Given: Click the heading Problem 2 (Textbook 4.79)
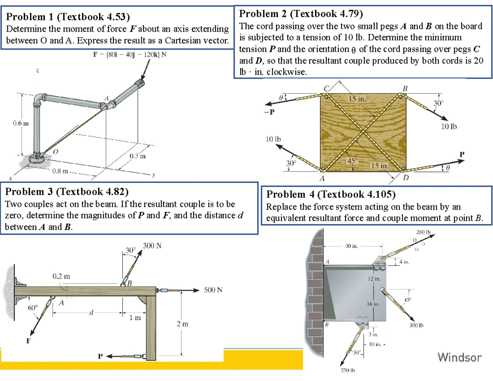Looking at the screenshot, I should pyautogui.click(x=301, y=14).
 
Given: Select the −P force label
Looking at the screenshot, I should pyautogui.click(x=269, y=111).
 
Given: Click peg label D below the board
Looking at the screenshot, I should pyautogui.click(x=406, y=178).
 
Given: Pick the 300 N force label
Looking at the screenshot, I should pyautogui.click(x=152, y=246).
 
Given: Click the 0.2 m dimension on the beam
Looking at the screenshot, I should pyautogui.click(x=60, y=276).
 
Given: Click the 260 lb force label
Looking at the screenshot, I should pyautogui.click(x=423, y=232).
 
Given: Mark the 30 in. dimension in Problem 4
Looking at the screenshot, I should pyautogui.click(x=351, y=247).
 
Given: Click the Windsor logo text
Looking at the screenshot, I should pyautogui.click(x=459, y=357).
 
